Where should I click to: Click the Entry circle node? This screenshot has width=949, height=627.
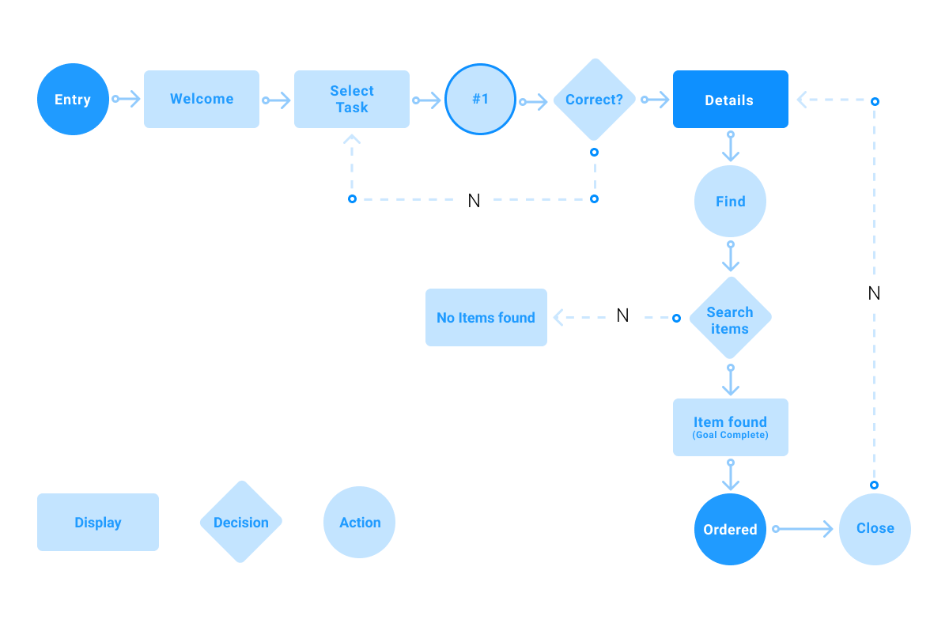73,100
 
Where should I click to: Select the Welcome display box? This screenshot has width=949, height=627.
202,100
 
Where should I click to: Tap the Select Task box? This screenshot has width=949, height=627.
352,100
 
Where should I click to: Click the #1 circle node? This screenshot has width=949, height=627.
480,100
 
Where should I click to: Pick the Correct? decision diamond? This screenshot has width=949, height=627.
594,100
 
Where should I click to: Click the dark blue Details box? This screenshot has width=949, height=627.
730,100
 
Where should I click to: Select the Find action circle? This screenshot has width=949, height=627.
730,202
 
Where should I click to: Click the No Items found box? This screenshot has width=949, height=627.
486,318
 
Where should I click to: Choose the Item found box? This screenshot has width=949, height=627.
730,427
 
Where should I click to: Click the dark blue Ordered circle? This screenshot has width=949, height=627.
730,529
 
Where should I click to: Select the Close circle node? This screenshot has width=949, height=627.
875,529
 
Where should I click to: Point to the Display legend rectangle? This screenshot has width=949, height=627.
98,523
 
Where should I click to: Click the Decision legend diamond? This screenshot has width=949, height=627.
240,522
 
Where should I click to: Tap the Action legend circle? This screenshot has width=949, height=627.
360,523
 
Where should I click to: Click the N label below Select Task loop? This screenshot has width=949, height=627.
475,201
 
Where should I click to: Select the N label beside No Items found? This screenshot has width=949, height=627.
622,315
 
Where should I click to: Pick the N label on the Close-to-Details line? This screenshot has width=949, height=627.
875,293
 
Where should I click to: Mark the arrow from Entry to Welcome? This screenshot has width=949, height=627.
127,99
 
